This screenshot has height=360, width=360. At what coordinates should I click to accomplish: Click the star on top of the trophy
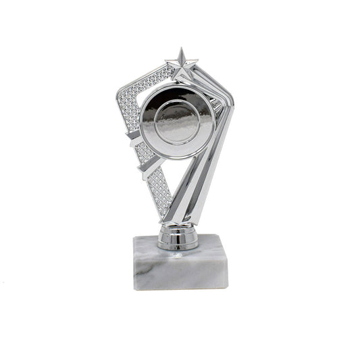coord(182,65)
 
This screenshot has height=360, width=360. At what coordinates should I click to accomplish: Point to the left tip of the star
coord(166,62)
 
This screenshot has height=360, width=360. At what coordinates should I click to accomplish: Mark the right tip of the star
coord(199,62)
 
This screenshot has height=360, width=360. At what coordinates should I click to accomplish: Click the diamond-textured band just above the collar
coord(159,196)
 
